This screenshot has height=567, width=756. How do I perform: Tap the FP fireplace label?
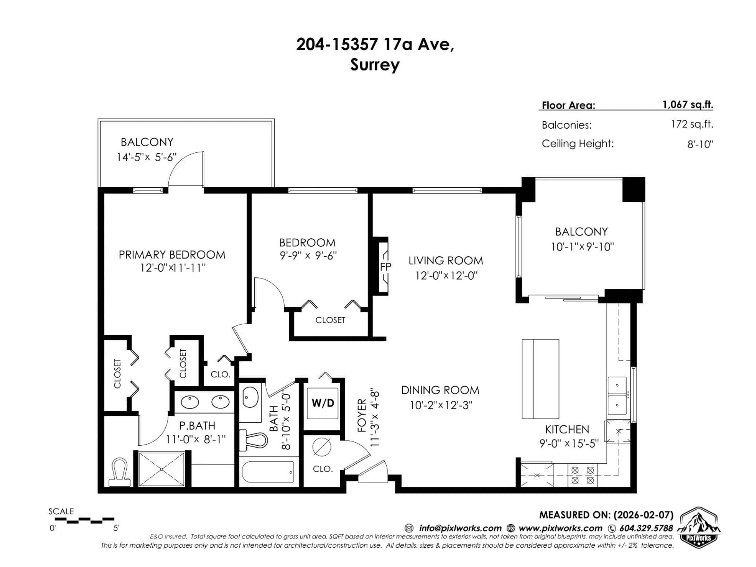[385, 267]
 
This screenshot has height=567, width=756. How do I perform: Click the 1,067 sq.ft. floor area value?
[688, 105]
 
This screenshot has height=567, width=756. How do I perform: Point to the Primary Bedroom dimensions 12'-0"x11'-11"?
[173, 268]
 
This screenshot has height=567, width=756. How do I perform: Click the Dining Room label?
[440, 390]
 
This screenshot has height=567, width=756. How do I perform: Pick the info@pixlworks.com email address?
[460, 528]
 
